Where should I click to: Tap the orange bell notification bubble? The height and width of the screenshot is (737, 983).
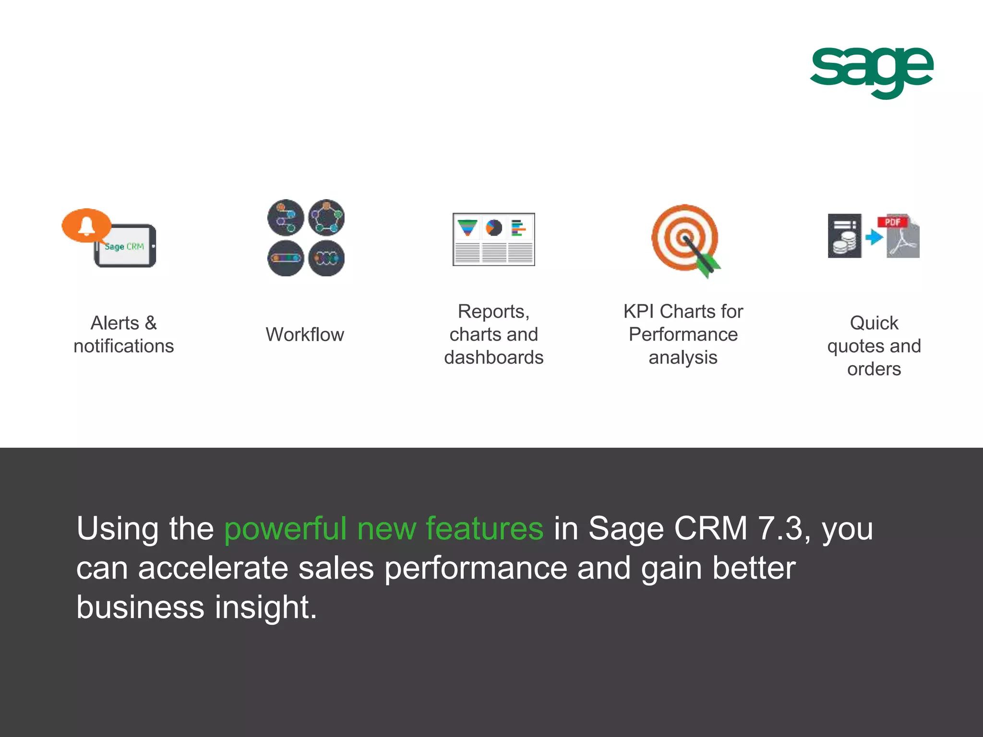pos(86,225)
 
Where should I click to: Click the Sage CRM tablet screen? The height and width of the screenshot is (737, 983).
pos(124,247)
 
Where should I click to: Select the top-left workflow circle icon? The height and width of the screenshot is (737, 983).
pos(286,217)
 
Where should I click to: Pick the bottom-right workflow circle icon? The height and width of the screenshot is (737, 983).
pos(326,258)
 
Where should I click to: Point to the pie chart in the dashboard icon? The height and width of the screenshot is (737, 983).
pos(493,227)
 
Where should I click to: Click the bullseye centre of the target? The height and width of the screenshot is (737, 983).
pos(684,238)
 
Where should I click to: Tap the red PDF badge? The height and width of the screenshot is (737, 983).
pos(892,222)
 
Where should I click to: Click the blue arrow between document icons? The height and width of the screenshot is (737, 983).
pos(874,237)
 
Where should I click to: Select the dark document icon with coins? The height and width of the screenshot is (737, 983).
pos(844,236)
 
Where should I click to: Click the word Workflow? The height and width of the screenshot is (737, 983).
pos(305,334)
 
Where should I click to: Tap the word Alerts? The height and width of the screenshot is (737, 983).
pos(115,323)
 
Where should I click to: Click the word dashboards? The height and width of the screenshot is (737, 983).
pos(493,357)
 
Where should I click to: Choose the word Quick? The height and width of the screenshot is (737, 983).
pos(874,323)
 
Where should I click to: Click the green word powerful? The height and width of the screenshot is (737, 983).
pos(285,529)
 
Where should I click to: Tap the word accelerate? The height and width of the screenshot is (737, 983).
pos(213,568)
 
